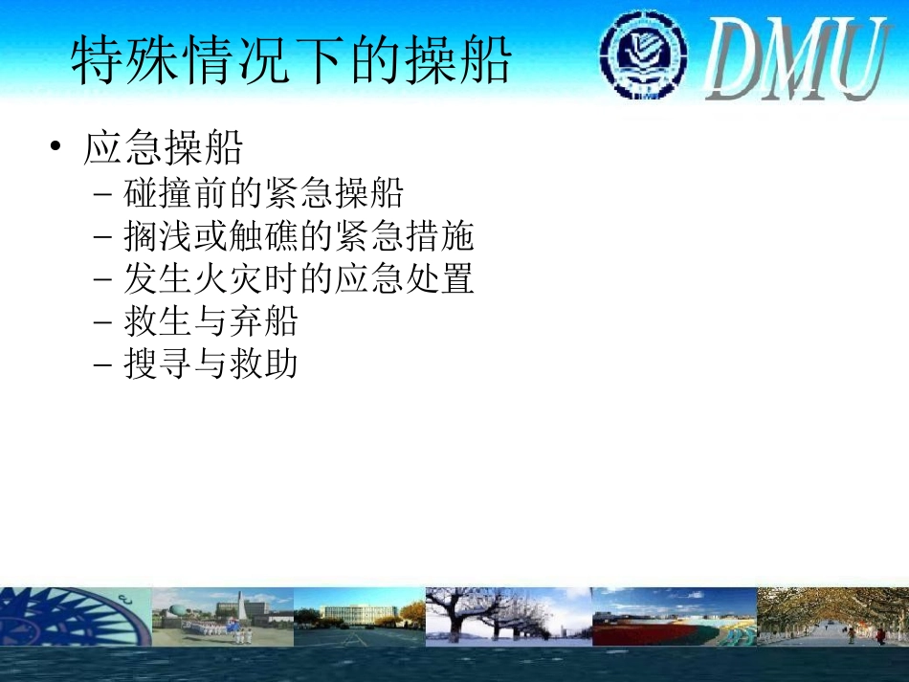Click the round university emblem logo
[x=642, y=55]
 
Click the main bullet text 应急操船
[x=164, y=148]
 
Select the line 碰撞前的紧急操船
[x=263, y=194]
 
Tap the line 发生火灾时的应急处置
[x=299, y=279]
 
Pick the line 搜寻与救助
[x=211, y=364]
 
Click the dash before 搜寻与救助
[x=104, y=364]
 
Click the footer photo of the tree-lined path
[x=831, y=617]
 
